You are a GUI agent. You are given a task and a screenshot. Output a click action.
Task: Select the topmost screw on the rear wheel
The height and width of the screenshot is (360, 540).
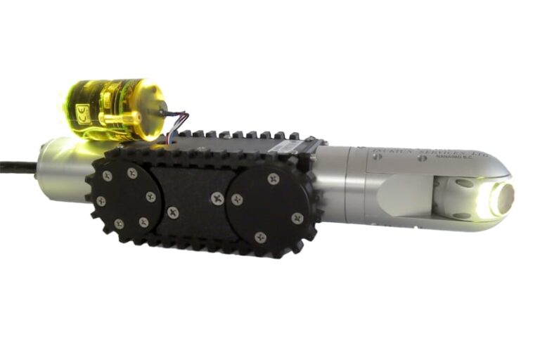(x=132, y=172)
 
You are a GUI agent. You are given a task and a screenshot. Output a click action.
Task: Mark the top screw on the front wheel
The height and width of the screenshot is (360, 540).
(x=273, y=180)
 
